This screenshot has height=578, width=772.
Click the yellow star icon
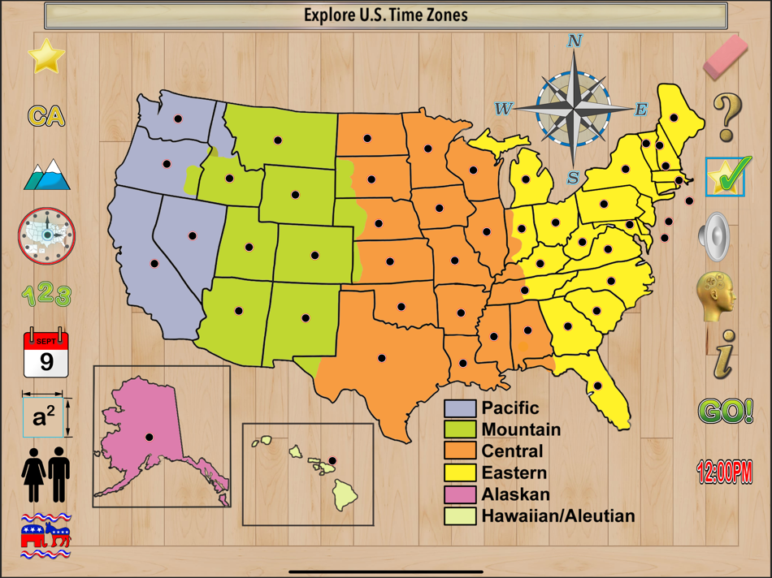(x=46, y=56)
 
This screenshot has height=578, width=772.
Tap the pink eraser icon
(x=725, y=56)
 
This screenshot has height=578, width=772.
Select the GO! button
(x=725, y=412)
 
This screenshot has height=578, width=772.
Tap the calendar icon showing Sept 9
(x=46, y=353)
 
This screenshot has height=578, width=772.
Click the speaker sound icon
(x=714, y=236)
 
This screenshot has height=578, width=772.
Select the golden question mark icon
(x=726, y=117)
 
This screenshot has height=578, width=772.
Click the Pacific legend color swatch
(x=459, y=408)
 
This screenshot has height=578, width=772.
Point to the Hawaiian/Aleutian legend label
(x=557, y=515)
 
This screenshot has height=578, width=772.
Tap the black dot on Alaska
(x=149, y=438)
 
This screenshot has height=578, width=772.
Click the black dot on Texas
(x=381, y=358)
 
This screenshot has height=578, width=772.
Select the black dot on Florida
(x=597, y=386)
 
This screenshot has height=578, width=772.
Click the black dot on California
(x=154, y=264)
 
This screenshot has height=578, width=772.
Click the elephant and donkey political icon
(x=46, y=536)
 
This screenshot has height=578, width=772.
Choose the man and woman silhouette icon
(x=46, y=475)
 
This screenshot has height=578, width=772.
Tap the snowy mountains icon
(x=46, y=175)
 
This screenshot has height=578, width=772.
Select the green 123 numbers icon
(x=46, y=295)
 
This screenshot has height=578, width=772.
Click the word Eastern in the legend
(x=514, y=472)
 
